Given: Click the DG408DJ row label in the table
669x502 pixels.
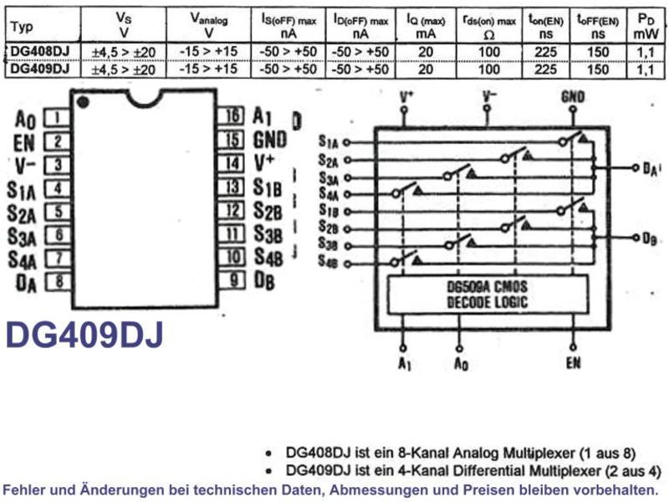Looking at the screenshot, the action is point(39,51).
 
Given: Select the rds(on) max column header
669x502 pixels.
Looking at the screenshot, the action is point(489,26).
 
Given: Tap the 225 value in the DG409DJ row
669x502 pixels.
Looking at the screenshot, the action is point(546,69).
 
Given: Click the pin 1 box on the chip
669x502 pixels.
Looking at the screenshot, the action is point(58,118).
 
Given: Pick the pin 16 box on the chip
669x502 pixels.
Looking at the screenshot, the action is point(232,115).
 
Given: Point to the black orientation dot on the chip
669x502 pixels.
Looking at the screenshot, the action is point(83,102).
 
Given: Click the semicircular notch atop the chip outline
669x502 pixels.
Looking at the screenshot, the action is point(145,98).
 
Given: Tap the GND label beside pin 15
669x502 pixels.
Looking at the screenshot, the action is point(270,140).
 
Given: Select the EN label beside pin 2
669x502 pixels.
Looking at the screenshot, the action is point(24,143).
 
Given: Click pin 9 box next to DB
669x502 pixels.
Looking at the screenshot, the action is point(232,280).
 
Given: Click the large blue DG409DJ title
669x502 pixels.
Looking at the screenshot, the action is point(84,336).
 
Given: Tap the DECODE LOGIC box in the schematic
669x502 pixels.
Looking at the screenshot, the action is point(488,295).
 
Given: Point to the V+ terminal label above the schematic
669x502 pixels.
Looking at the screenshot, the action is point(406,96).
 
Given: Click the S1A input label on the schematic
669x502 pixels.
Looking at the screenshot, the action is point(328,141).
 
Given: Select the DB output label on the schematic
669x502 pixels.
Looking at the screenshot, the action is point(650,238).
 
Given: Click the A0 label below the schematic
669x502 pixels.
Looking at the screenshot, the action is point(461,364).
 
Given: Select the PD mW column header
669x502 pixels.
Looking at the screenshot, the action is point(646,26).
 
